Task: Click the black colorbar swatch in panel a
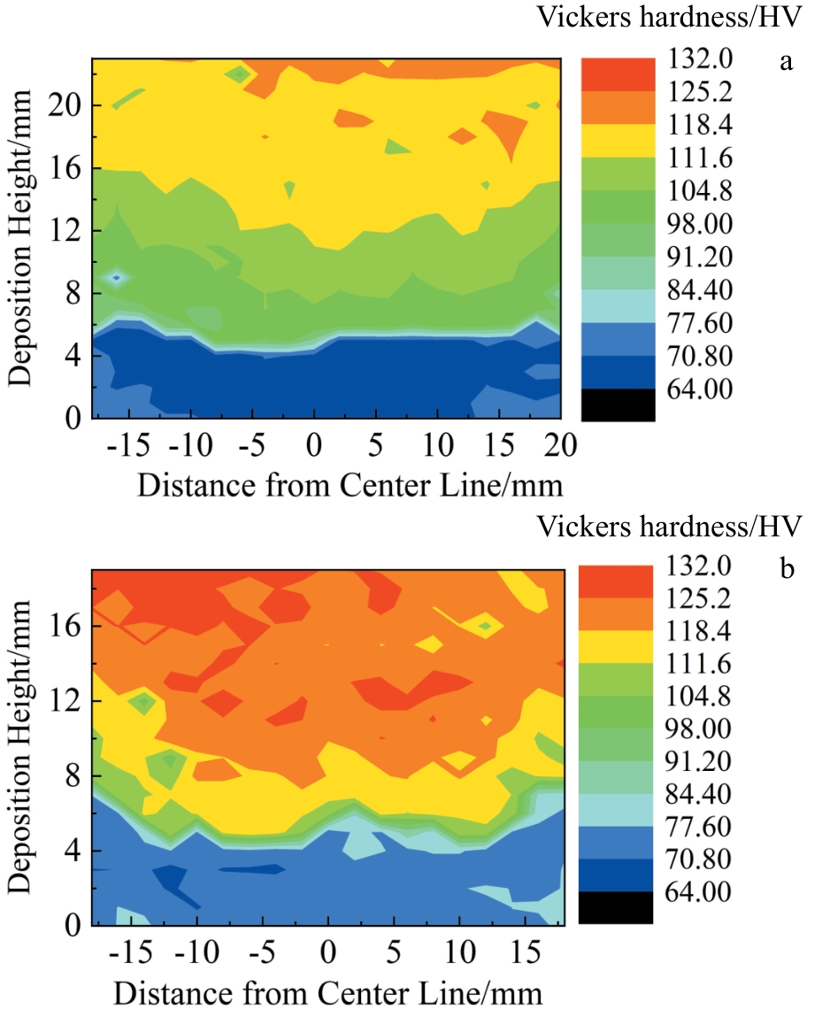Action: (x=618, y=404)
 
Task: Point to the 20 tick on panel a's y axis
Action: (x=65, y=105)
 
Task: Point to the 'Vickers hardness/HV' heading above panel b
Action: (x=669, y=528)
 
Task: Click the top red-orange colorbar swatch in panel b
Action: (x=618, y=583)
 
